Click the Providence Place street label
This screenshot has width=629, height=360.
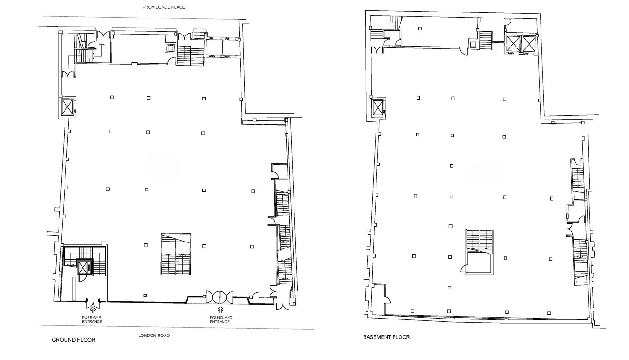click(164, 7)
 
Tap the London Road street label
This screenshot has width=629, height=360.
click(154, 335)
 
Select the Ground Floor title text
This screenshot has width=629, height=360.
click(74, 340)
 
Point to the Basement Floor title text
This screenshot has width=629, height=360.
click(386, 337)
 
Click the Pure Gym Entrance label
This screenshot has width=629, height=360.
click(92, 319)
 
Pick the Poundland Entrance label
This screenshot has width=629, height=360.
click(221, 319)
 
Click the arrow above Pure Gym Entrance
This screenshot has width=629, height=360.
click(93, 309)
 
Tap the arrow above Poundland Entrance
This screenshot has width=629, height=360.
click(221, 310)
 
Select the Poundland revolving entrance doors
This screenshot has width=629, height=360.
click(219, 297)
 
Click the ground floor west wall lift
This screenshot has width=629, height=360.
click(67, 107)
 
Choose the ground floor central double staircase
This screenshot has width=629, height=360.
click(176, 254)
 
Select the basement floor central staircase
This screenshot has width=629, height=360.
click(479, 252)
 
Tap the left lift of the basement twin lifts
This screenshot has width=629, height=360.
click(513, 44)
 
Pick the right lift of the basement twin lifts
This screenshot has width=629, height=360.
click(529, 44)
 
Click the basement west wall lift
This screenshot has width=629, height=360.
click(378, 108)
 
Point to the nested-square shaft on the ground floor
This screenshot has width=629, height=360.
click(170, 47)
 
